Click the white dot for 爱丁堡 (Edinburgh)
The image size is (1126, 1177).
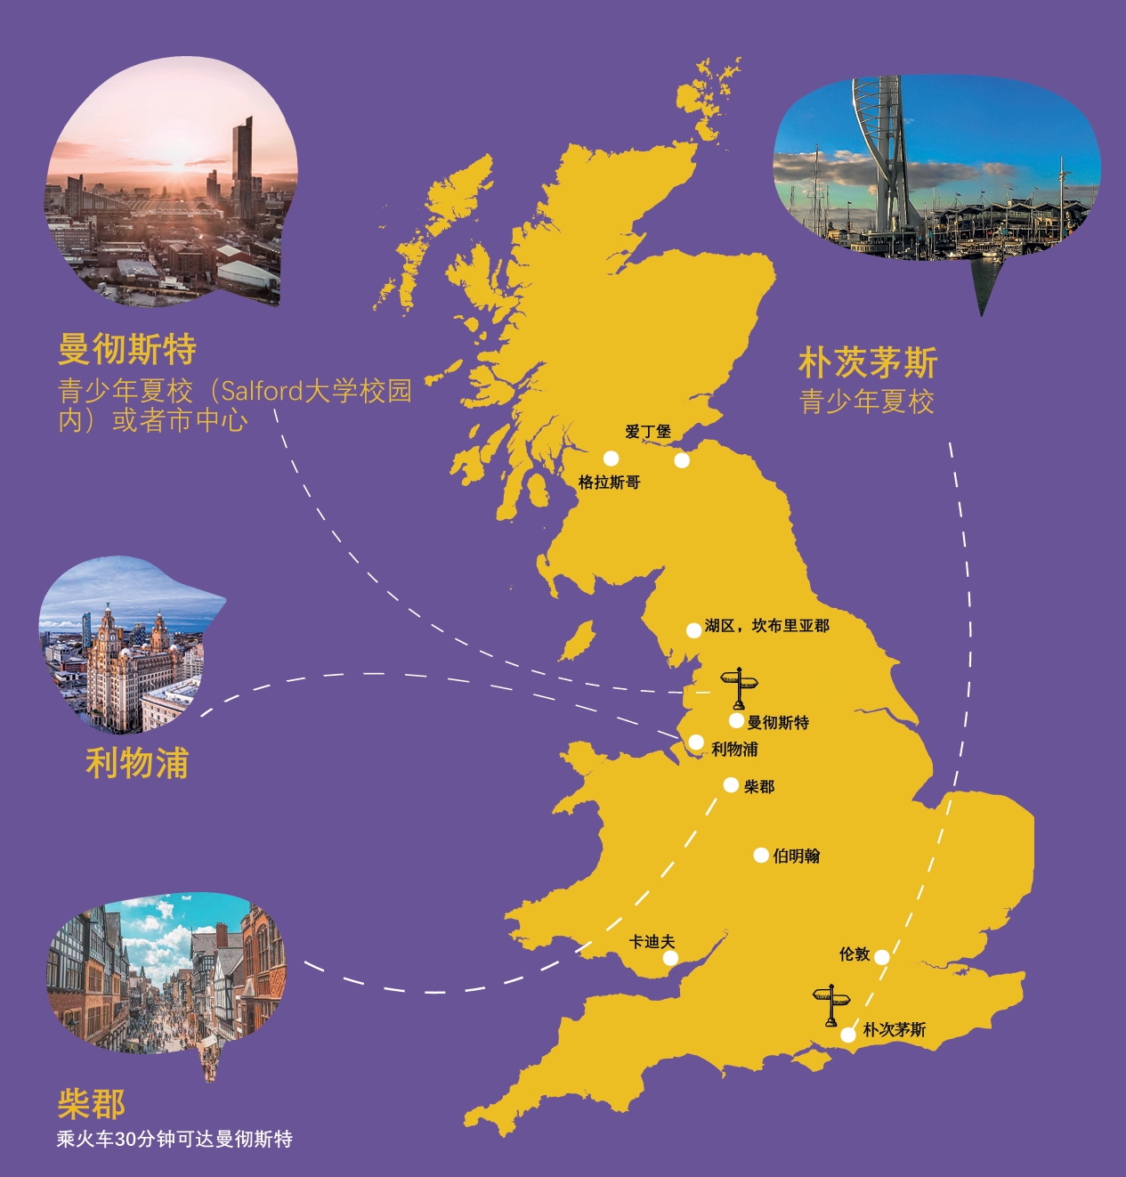point(682,460)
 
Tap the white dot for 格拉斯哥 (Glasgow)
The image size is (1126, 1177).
point(611,459)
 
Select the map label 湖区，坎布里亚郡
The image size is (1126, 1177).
point(766,626)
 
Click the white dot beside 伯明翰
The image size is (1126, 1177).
point(761,856)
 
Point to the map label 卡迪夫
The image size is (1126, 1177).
point(652,942)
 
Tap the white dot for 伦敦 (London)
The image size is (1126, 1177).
point(881,957)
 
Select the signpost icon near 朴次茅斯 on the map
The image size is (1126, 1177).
point(832,1005)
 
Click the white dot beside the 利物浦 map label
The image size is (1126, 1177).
point(696,743)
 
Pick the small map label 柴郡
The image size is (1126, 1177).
point(759,786)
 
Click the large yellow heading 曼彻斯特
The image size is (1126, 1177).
point(127,349)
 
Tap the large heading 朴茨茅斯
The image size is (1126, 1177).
point(868,363)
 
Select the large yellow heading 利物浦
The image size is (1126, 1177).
point(137,763)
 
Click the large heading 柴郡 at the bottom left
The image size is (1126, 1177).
point(92,1104)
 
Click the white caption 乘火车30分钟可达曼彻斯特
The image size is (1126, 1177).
point(174,1139)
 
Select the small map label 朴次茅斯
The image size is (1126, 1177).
point(895,1030)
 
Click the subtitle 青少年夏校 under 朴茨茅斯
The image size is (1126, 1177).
point(867,402)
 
